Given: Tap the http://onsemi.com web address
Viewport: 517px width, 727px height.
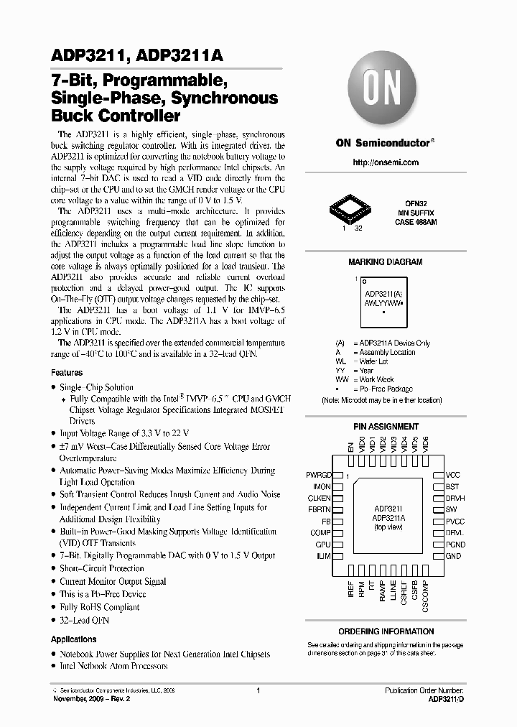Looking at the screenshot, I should tap(386, 162).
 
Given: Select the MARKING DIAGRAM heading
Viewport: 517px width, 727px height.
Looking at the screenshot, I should tap(386, 262).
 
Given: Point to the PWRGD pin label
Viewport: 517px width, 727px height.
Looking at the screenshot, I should tap(319, 475).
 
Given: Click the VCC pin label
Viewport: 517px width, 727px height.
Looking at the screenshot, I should tap(453, 475).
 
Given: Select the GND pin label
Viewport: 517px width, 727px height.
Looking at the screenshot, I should tap(453, 556).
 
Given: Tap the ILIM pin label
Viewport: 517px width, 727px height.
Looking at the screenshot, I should tap(323, 556).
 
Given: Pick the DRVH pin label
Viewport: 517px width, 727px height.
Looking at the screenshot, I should tap(455, 498).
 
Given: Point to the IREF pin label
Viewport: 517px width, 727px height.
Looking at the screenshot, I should tap(350, 591).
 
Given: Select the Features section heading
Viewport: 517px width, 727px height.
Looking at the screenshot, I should tap(67, 373).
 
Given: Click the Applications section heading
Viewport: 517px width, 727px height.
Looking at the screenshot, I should tap(74, 639).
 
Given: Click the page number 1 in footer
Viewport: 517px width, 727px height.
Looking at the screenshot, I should tap(258, 690).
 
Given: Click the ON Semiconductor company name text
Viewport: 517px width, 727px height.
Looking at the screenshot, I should tap(383, 142).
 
